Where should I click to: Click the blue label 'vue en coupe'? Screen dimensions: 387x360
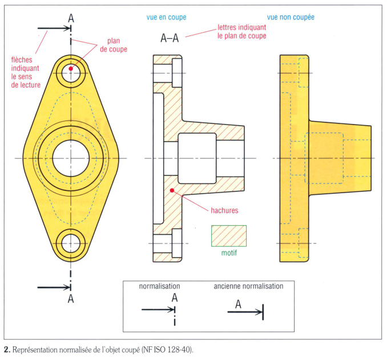[x=166, y=17]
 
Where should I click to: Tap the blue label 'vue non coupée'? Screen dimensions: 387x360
[x=291, y=17]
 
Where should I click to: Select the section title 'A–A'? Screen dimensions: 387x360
[x=170, y=38]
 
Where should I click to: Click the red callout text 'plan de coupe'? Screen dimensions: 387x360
[x=114, y=45]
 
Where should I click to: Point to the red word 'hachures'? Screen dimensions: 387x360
[x=224, y=210]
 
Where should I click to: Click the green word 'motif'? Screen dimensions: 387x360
[x=229, y=253]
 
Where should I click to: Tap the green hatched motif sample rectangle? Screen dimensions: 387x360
[x=229, y=236]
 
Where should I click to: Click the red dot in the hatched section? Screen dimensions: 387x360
[x=172, y=190]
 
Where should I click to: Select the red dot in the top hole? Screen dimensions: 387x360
[x=71, y=69]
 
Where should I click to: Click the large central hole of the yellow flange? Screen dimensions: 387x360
[x=71, y=158]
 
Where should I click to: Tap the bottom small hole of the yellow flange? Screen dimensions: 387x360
[x=71, y=243]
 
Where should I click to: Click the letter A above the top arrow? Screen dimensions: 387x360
[x=71, y=18]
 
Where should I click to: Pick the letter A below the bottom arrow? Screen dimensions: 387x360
[x=71, y=299]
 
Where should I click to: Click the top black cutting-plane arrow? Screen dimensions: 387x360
[x=54, y=28]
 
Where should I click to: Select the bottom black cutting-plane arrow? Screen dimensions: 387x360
[x=54, y=287]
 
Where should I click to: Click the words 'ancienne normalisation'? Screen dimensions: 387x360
[x=248, y=286]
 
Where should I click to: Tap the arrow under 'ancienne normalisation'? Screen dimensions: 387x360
[x=245, y=312]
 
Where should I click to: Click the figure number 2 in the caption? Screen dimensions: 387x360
[x=6, y=350]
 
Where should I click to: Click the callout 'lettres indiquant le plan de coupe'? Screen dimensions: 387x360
[x=241, y=31]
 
